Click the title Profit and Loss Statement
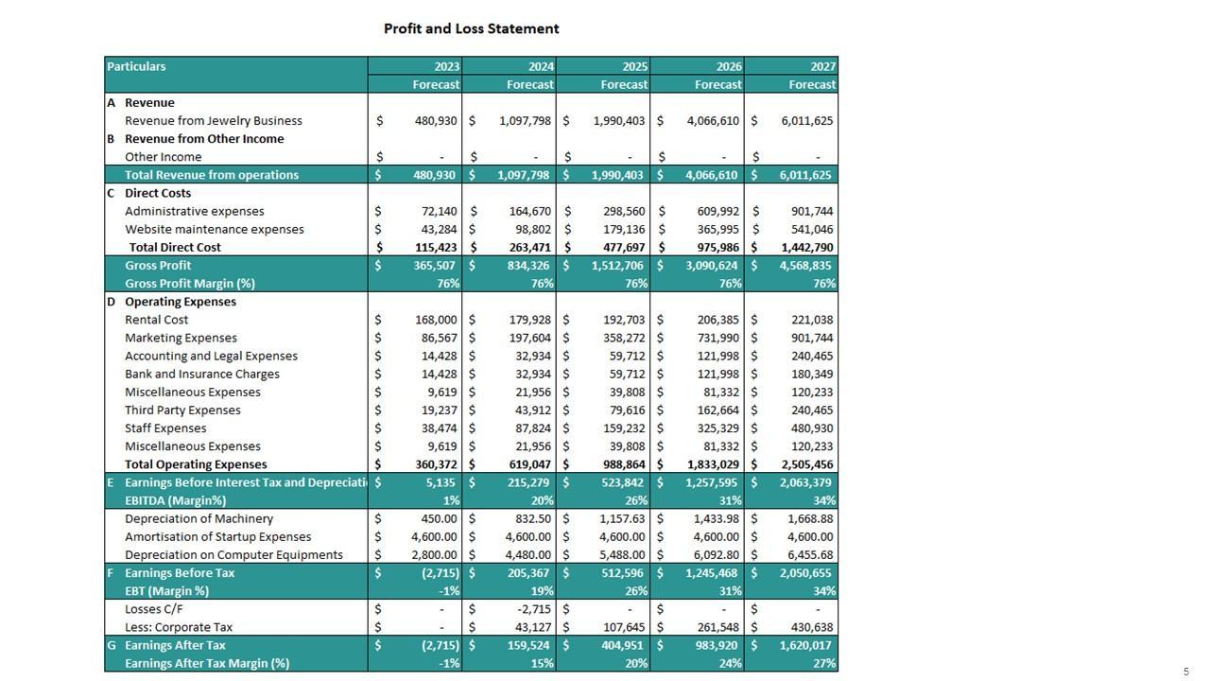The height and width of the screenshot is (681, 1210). [x=471, y=28]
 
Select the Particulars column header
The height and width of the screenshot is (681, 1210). [x=136, y=66]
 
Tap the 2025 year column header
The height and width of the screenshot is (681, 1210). [x=634, y=66]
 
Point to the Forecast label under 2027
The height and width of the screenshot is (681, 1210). [x=811, y=84]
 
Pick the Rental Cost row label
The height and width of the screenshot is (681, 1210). [x=157, y=320]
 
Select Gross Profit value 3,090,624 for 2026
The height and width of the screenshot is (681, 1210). [x=710, y=266]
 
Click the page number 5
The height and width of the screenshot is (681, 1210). [x=1185, y=672]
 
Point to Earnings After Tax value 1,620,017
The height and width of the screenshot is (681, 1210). [x=805, y=645]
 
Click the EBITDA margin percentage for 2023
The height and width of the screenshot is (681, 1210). [x=451, y=500]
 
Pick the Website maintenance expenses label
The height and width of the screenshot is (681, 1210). [x=215, y=229]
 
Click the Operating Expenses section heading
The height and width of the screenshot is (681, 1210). [x=181, y=302]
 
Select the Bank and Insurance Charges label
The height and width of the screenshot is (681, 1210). [x=202, y=374]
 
